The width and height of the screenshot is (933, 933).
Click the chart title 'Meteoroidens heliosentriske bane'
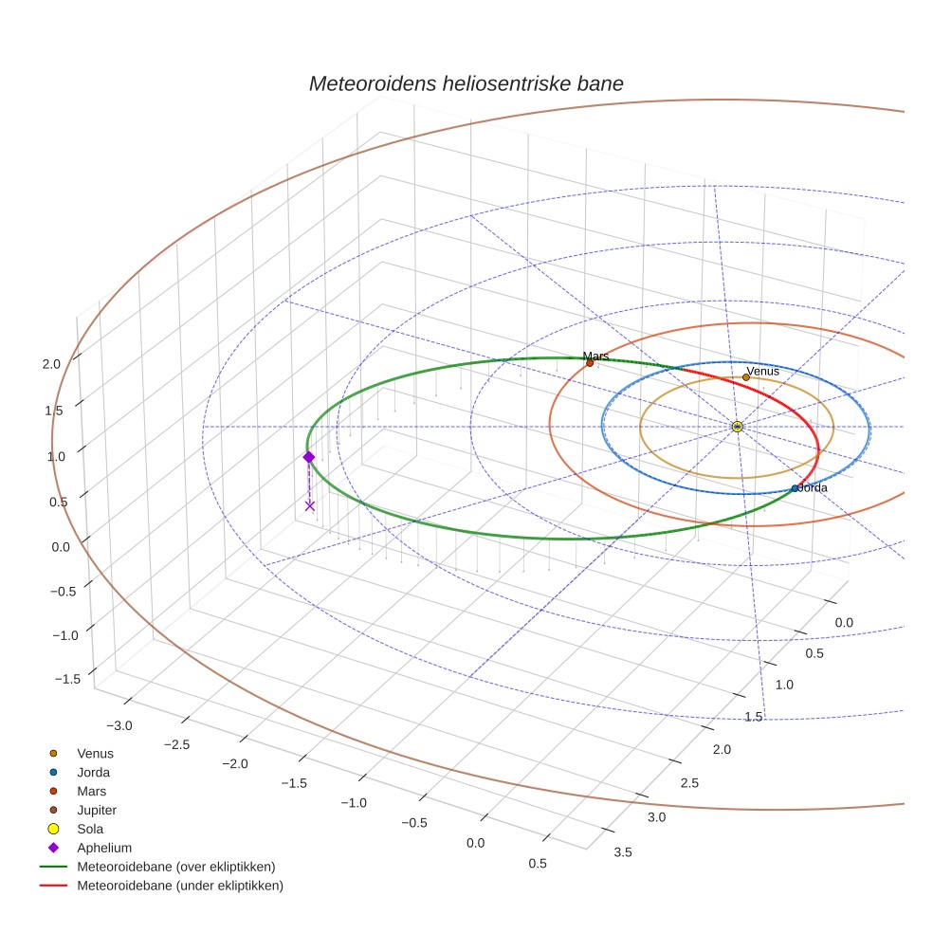pyautogui.click(x=466, y=83)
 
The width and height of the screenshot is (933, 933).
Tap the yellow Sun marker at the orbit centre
pyautogui.click(x=737, y=427)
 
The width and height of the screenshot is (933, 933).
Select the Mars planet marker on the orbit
pyautogui.click(x=590, y=362)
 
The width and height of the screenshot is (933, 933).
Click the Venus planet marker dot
pyautogui.click(x=746, y=377)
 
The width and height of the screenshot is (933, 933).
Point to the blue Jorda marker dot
pyautogui.click(x=795, y=488)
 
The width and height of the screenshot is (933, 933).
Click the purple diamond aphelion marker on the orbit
pyautogui.click(x=308, y=457)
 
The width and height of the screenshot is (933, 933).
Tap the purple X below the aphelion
pyautogui.click(x=310, y=505)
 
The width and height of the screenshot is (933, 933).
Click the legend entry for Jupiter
pyautogui.click(x=97, y=810)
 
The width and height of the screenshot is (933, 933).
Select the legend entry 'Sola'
pyautogui.click(x=90, y=829)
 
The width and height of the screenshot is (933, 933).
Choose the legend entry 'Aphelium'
pyautogui.click(x=103, y=848)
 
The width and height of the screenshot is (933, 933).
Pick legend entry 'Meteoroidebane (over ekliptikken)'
pyautogui.click(x=175, y=867)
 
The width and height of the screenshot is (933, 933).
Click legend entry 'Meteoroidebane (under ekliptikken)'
pyautogui.click(x=179, y=886)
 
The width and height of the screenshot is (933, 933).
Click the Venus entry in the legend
pyautogui.click(x=95, y=753)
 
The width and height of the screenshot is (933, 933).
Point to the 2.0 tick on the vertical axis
pyautogui.click(x=52, y=364)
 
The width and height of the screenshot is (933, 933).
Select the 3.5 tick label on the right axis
pyautogui.click(x=623, y=852)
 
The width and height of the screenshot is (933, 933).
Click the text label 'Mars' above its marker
pyautogui.click(x=595, y=356)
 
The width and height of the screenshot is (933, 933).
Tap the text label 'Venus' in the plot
pyautogui.click(x=762, y=371)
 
